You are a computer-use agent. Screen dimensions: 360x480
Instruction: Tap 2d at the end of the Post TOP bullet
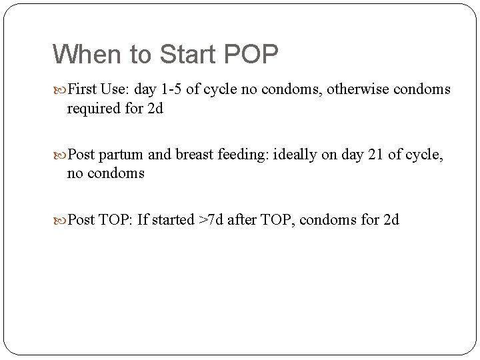[391, 220]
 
